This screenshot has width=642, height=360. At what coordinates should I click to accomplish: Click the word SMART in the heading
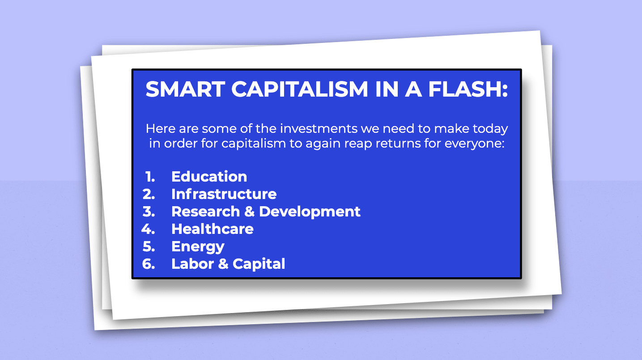click(185, 89)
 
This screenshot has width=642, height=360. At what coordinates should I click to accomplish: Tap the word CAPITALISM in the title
click(299, 89)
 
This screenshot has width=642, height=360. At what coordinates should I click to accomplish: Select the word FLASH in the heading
click(465, 89)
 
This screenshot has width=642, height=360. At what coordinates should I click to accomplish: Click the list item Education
click(209, 176)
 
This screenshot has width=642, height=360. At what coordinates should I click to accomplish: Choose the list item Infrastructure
click(224, 194)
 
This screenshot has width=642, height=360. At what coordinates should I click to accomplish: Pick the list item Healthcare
click(213, 229)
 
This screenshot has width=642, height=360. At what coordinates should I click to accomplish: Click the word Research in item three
click(206, 212)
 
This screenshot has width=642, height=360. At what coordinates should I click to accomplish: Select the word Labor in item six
click(192, 264)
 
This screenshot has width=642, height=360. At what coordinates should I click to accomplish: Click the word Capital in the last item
click(259, 264)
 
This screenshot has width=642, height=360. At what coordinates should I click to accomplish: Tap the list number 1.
click(150, 177)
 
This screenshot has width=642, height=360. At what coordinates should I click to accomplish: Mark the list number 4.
click(148, 229)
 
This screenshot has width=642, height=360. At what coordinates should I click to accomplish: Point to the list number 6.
click(149, 264)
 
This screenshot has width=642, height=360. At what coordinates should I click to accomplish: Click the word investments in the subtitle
click(319, 128)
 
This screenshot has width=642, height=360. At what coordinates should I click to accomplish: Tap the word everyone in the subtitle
click(474, 144)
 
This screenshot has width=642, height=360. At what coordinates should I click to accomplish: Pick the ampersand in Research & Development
click(250, 212)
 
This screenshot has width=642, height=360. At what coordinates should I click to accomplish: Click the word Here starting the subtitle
click(161, 128)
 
